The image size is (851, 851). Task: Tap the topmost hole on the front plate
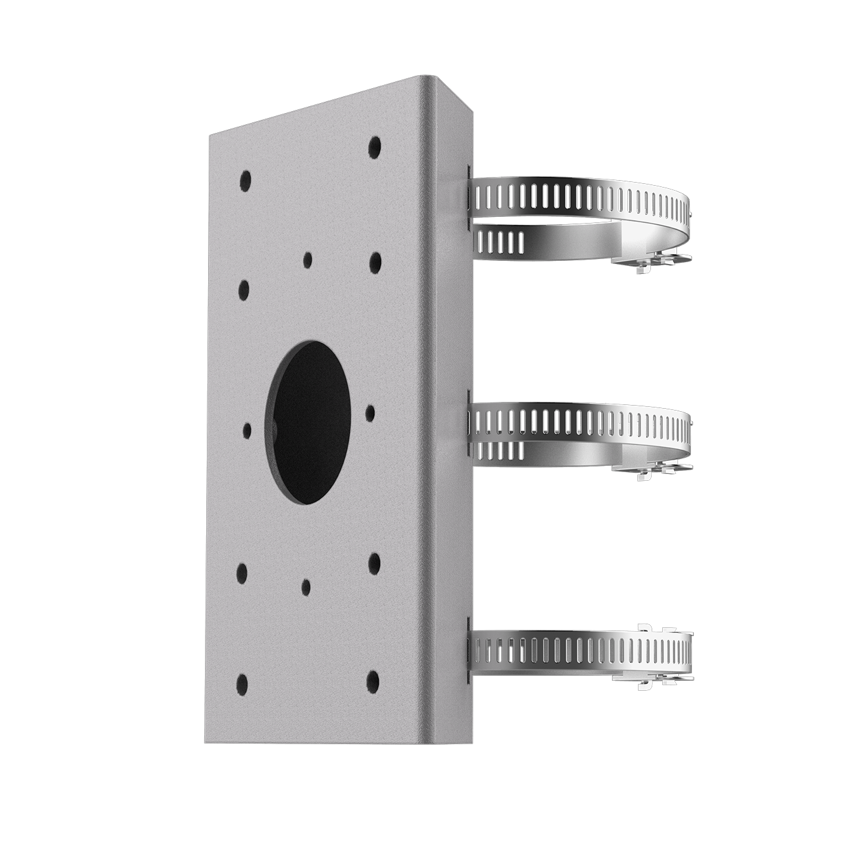point(374,147)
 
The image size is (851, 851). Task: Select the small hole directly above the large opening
point(307,259)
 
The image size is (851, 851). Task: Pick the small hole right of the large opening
point(370,413)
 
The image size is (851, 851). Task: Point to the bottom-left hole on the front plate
point(242,685)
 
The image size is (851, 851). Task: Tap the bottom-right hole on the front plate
point(373,678)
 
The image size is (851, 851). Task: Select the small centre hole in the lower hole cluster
point(306,586)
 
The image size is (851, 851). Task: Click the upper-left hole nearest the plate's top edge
point(245,180)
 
